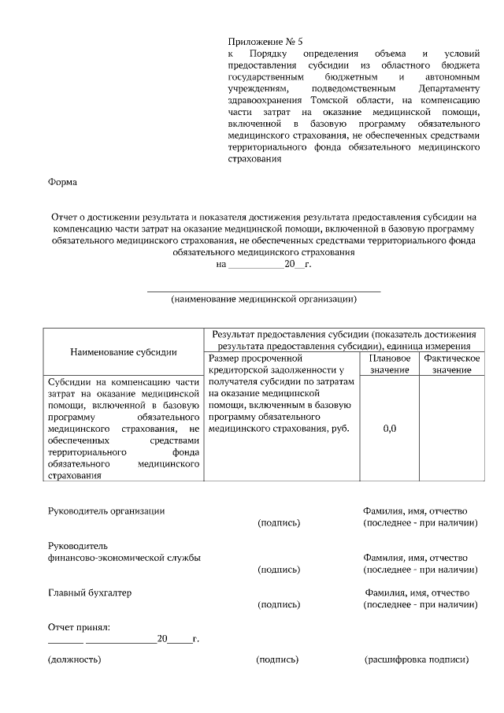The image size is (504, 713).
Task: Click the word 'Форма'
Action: click(62, 182)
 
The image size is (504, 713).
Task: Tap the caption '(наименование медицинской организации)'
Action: click(264, 299)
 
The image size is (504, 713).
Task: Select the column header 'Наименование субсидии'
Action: click(123, 351)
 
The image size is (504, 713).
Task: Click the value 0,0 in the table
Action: click(389, 429)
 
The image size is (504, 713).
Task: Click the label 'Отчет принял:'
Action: click(79, 627)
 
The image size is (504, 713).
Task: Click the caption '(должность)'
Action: click(74, 659)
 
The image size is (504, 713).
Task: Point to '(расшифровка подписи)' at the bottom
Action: click(417, 659)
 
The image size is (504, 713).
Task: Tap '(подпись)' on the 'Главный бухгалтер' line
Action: click(279, 604)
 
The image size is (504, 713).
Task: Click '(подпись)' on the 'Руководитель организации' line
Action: click(279, 522)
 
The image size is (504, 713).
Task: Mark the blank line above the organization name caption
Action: click(264, 290)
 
